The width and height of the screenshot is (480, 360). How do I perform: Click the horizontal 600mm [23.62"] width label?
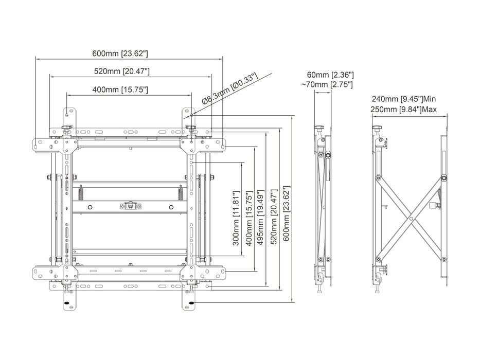coord(120,53)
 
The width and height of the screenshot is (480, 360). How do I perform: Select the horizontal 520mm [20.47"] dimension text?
coord(122,71)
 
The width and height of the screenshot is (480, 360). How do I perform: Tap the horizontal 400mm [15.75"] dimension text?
coord(120,89)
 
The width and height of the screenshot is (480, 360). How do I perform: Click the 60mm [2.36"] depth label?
coord(331,75)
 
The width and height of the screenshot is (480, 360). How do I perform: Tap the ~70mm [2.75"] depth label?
coord(328,84)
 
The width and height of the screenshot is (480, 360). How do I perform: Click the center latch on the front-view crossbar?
coord(130,206)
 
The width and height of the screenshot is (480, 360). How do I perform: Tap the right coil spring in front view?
coord(180,194)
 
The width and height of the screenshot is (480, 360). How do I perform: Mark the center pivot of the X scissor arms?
coord(411,218)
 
